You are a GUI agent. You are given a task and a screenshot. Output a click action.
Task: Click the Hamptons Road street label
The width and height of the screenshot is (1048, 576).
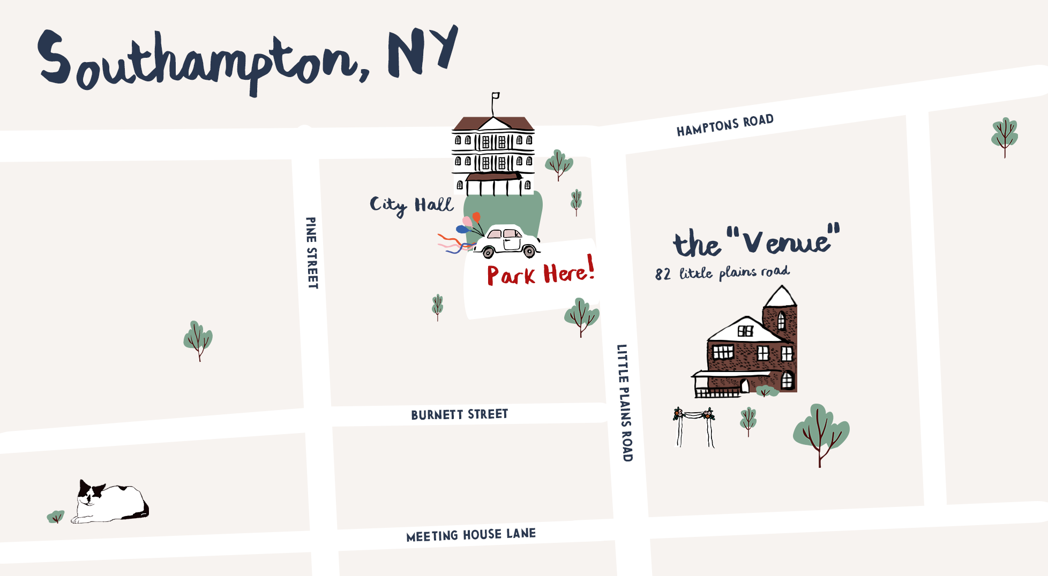coord(725,125)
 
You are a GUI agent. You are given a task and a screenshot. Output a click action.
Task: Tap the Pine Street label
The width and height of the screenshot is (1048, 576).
coord(312,253)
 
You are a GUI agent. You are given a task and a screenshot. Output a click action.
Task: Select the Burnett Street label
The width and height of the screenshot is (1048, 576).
coord(459,414)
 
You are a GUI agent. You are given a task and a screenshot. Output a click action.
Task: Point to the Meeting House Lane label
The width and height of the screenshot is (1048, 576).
coord(471,535)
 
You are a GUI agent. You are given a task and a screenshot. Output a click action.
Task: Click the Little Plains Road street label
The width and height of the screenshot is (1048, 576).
coord(625,403)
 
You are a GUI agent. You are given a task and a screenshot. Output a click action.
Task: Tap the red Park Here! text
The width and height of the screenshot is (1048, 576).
coord(540,273)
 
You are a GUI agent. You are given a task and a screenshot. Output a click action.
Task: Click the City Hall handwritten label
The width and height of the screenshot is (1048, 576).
coord(411,205)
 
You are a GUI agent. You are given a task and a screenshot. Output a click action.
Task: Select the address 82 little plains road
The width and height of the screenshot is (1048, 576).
coord(722,273)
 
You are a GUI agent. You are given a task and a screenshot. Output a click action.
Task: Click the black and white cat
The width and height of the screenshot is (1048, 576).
coord(109,502)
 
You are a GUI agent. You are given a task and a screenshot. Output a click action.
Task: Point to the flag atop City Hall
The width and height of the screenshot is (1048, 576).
coord(496,96)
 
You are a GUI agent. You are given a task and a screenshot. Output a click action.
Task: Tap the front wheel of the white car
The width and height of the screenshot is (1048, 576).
coord(530,251)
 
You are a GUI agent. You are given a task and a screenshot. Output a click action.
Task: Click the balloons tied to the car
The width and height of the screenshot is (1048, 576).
coord(469,223)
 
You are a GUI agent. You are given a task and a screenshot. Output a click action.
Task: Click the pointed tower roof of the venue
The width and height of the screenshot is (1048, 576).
coord(781,296)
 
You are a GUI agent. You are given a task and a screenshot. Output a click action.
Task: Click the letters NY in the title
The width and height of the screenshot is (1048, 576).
coord(423,52)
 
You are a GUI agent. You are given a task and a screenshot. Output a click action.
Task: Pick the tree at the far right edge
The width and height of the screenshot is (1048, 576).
coord(1004,136)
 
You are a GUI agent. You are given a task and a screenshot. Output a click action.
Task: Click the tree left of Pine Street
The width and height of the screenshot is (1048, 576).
coord(198,340)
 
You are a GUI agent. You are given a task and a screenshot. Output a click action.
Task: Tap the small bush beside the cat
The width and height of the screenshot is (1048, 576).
coord(56,517)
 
